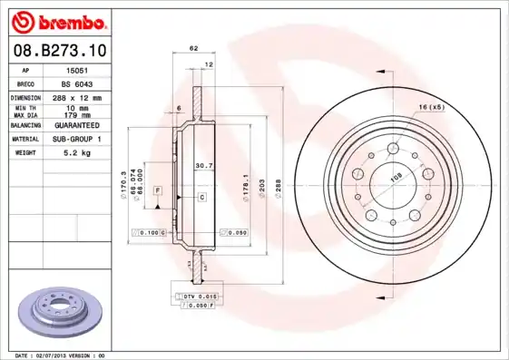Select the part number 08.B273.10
coord(58,52)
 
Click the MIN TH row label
coord(24,107)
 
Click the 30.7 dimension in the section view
coord(204,165)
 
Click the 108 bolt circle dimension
coord(396,180)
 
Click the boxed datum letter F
coord(158,191)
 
